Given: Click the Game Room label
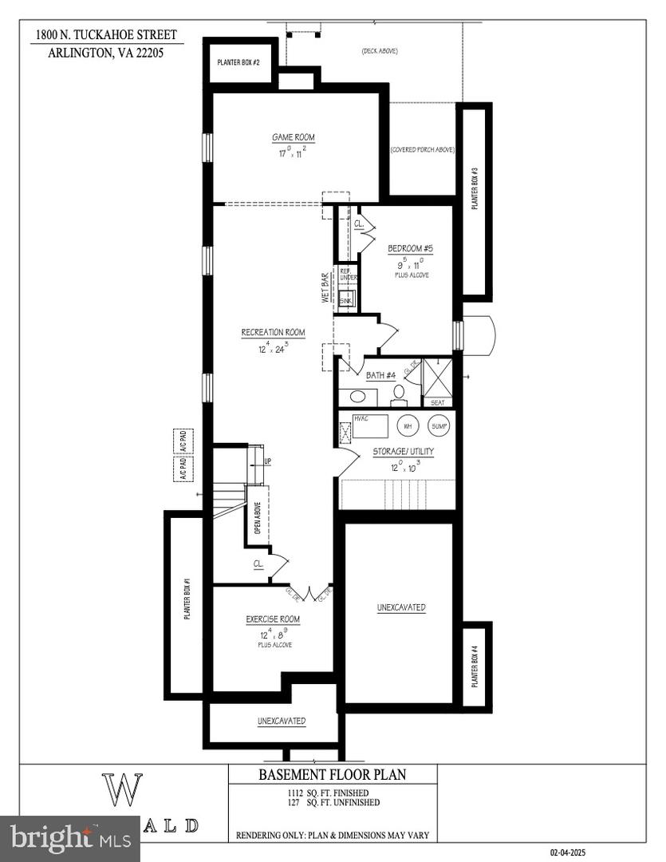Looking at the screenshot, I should [x=294, y=137].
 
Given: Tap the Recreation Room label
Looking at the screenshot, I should [x=274, y=332].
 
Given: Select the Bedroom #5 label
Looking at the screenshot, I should [x=411, y=247].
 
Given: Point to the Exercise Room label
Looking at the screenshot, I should [x=273, y=619].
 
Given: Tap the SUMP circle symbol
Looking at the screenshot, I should [x=439, y=426].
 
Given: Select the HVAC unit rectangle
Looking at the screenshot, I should [x=365, y=425].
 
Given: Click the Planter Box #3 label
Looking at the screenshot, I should [x=474, y=188].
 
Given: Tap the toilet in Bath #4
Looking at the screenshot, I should [x=398, y=392].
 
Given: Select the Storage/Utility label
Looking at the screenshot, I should [x=404, y=452].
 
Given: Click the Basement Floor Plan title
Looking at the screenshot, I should [x=332, y=774].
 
